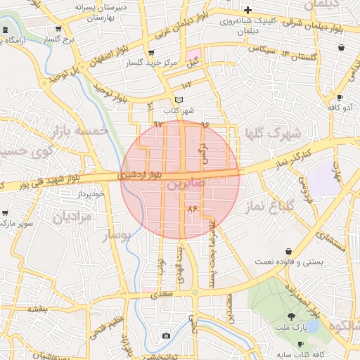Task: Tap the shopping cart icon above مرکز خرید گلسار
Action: coord(150,53)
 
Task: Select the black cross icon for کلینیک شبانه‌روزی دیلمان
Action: coord(247,10)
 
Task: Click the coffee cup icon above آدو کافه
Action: coord(340,97)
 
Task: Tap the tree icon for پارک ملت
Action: coord(292,316)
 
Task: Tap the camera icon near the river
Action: coord(165,335)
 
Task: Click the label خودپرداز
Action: coord(91,193)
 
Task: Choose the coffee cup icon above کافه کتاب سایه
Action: coord(301,344)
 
